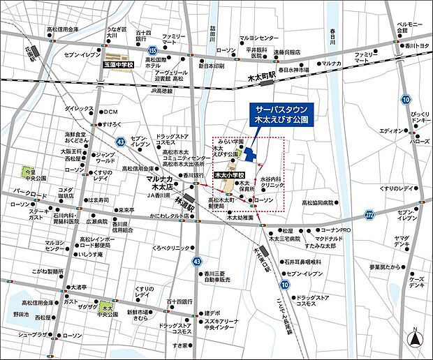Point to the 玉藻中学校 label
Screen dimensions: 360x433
pyautogui.click(x=114, y=63)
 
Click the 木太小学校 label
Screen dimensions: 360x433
pyautogui.click(x=228, y=175)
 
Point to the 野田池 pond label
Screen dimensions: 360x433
pyautogui.click(x=21, y=315)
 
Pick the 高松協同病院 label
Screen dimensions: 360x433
pyautogui.click(x=321, y=202)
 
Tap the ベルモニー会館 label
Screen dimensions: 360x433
pyautogui.click(x=411, y=27)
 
